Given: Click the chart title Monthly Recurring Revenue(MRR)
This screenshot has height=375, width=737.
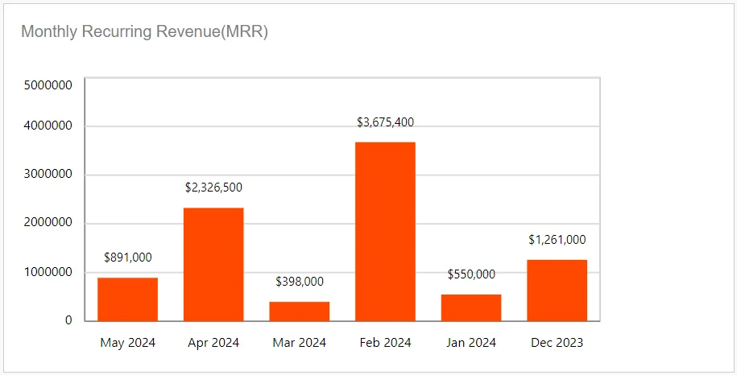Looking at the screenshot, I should [x=144, y=32].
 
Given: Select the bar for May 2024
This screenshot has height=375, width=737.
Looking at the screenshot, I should [x=127, y=299].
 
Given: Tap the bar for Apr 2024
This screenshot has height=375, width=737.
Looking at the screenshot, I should [x=213, y=265].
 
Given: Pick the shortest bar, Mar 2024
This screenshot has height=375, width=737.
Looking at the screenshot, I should [x=300, y=311].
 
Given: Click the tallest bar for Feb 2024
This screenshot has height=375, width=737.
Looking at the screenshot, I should [x=385, y=232].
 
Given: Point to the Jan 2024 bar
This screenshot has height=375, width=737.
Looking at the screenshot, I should [x=471, y=307].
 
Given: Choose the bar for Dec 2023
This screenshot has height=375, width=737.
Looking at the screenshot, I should [x=557, y=291].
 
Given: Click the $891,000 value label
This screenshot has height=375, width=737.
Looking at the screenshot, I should [x=127, y=258].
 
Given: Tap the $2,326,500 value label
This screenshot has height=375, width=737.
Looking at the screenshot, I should [x=213, y=187].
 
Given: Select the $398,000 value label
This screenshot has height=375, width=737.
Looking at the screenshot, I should [x=300, y=282].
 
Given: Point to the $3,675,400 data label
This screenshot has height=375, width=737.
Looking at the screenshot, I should [x=385, y=122].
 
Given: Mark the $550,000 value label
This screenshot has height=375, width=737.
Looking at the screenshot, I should [x=471, y=274].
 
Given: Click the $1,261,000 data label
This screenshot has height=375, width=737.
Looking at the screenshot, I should [x=557, y=240].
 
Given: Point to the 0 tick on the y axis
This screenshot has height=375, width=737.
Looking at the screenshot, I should [x=68, y=320].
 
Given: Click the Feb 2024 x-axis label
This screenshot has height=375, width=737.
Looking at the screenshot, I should [x=385, y=343].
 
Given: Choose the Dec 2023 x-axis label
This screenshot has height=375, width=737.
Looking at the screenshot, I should [x=557, y=343].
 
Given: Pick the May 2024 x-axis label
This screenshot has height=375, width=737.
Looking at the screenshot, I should [x=127, y=343].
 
